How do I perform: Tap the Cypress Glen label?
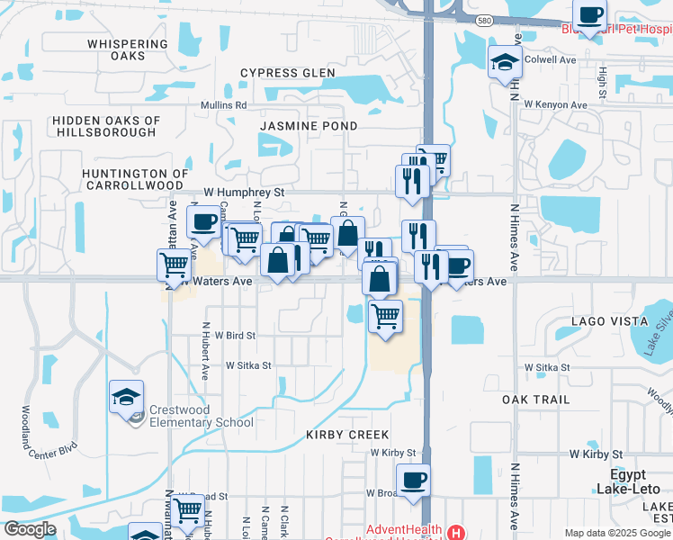pyautogui.click(x=288, y=73)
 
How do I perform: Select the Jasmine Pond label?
pyautogui.click(x=309, y=126)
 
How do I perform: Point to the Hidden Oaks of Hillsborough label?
pyautogui.click(x=106, y=126)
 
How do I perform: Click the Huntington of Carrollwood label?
pyautogui.click(x=135, y=178)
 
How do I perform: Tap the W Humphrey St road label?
pyautogui.click(x=244, y=193)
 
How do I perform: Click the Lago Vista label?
pyautogui.click(x=610, y=321)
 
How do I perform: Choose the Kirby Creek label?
pyautogui.click(x=347, y=435)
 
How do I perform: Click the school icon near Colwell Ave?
pyautogui.click(x=505, y=62)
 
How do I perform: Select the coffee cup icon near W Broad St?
pyautogui.click(x=413, y=480)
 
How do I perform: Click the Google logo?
pyautogui.click(x=30, y=529)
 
